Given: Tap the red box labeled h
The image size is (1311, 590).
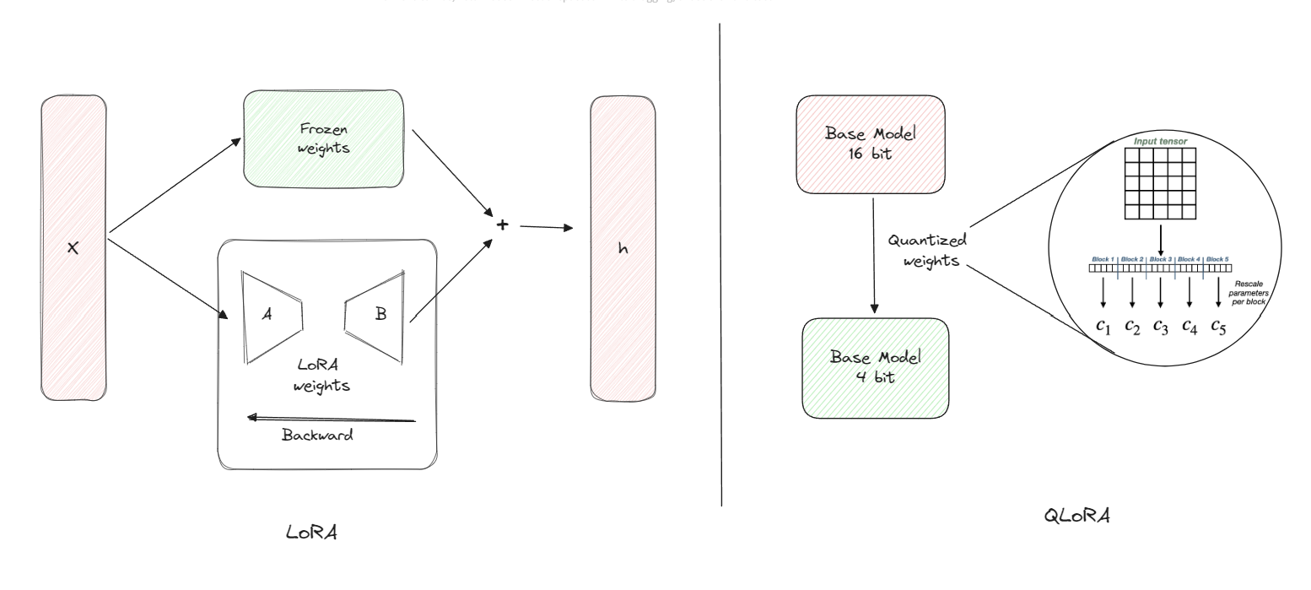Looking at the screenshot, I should pos(623,248).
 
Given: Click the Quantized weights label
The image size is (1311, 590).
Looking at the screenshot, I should pos(925,250).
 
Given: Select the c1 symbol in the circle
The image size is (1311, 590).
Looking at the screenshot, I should pos(1103,327).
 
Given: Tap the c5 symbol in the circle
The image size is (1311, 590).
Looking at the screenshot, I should pos(1218,327).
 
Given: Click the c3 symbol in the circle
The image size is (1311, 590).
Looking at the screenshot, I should pos(1161,327).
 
